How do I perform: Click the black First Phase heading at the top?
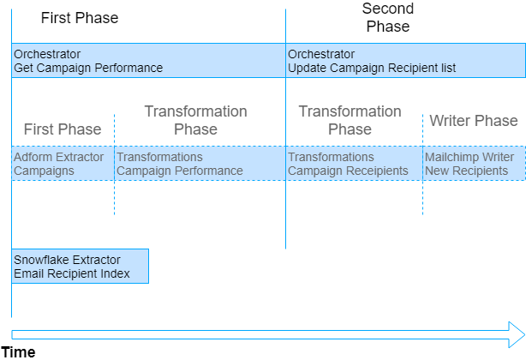(80, 18)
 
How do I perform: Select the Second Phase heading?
(388, 17)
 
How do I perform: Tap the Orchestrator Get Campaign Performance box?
(148, 61)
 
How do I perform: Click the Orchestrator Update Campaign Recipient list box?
(405, 61)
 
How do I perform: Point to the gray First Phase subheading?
(62, 129)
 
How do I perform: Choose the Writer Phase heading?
(474, 121)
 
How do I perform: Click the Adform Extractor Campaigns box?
(63, 164)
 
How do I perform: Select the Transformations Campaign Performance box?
(200, 164)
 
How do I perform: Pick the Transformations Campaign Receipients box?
(354, 164)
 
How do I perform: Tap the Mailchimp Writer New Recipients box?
(474, 164)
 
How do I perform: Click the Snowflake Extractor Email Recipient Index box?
(80, 267)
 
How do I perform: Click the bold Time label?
(18, 351)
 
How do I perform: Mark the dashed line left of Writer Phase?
(422, 197)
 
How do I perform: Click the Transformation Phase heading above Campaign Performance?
(195, 120)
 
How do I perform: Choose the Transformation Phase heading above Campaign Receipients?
(350, 120)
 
